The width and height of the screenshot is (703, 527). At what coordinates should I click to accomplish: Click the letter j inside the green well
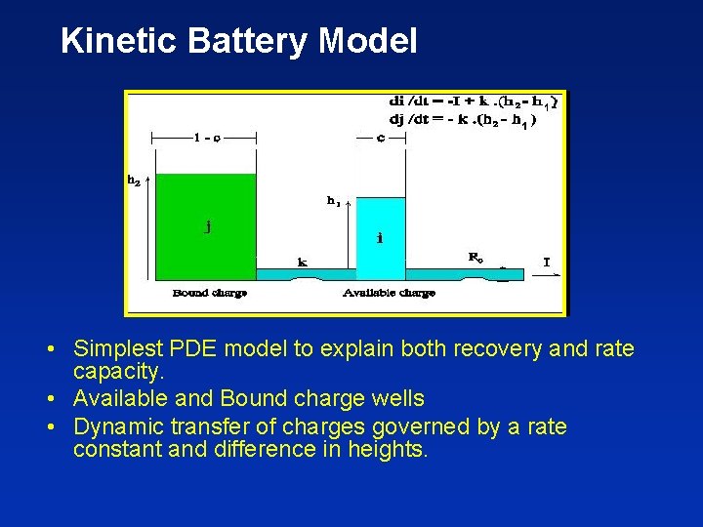click(x=208, y=226)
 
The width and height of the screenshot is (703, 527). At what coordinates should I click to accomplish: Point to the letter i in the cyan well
click(x=380, y=236)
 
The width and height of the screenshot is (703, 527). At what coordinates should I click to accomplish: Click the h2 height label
click(x=133, y=180)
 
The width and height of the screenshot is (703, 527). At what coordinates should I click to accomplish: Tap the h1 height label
click(x=334, y=202)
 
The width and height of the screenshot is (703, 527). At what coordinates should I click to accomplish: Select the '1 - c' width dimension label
click(x=206, y=138)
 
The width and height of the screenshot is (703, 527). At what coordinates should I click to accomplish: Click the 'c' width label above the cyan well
click(x=381, y=138)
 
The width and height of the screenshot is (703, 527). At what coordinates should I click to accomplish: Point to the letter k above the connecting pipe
click(x=303, y=262)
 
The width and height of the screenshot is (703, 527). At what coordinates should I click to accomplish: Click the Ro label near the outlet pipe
click(x=476, y=258)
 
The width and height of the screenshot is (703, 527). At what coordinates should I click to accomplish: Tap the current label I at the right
click(x=547, y=261)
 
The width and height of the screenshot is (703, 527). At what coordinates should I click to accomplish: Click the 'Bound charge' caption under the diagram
click(x=209, y=293)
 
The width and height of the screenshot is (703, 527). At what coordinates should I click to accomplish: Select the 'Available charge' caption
click(x=390, y=293)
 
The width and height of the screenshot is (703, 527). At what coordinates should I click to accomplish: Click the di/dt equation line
click(x=475, y=101)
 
